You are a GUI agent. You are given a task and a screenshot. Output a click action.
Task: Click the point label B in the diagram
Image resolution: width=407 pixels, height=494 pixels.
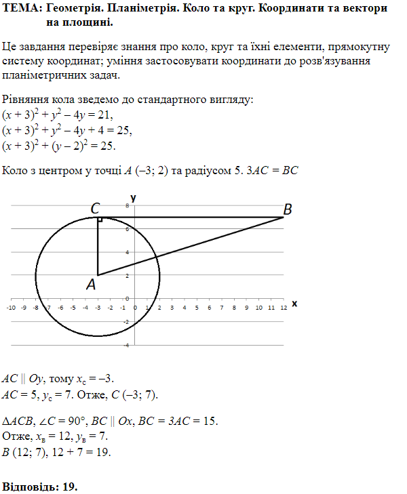coord(288,210)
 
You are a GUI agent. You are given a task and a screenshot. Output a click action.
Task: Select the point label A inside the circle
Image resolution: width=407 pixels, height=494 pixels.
coord(91,285)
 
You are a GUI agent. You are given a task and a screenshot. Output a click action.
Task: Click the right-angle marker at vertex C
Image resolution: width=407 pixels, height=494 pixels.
coord(100,220)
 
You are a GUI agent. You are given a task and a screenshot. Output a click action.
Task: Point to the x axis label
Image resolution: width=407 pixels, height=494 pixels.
coord(294,304)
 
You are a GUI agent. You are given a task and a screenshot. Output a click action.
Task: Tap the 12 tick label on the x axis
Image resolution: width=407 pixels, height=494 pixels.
coord(283,308)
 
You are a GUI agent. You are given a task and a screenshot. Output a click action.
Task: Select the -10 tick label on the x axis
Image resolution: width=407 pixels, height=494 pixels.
coord(11,308)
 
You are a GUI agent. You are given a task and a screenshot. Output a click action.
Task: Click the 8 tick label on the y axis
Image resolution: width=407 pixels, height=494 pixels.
coord(127,204)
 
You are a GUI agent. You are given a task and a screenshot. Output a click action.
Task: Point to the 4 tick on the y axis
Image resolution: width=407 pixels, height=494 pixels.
coord(127,251)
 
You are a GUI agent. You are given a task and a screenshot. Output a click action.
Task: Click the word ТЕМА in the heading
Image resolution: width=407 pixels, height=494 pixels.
coord(19,9)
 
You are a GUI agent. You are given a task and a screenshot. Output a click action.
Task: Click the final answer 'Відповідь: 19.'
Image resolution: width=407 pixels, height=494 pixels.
coord(41,487)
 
